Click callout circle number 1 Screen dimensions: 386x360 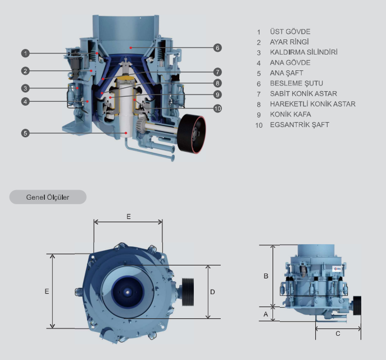(25, 53)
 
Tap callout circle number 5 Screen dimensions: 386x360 (25, 133)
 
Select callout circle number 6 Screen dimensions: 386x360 (217, 48)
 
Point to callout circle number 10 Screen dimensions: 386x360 (217, 109)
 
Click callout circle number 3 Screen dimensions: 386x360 (25, 88)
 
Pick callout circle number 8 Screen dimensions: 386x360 (217, 83)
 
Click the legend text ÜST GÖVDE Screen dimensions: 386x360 (290, 31)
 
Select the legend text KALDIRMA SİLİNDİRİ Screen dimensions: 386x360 (303, 52)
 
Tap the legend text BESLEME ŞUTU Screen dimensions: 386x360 (297, 84)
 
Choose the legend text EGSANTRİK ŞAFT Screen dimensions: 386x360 (299, 125)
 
